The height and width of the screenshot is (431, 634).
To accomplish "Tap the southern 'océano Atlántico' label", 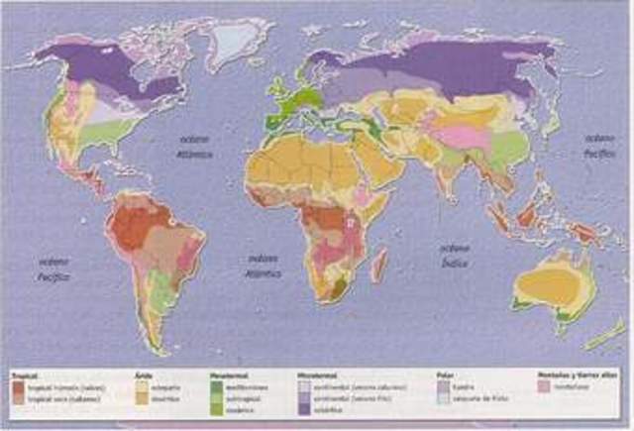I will click(x=263, y=264).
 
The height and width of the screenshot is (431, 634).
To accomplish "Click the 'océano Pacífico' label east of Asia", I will click(x=599, y=143).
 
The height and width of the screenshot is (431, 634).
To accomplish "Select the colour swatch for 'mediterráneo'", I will click(x=216, y=385).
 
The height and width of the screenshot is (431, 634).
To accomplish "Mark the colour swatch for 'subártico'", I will click(x=303, y=403).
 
